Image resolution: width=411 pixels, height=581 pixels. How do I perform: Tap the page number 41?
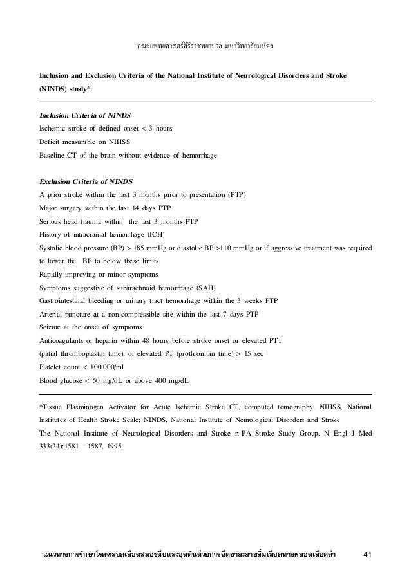(368, 554)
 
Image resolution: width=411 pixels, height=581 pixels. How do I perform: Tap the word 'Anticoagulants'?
(66, 340)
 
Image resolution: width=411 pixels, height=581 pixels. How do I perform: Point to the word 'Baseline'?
(55, 156)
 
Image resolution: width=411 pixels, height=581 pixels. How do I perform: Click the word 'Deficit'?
(52, 142)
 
